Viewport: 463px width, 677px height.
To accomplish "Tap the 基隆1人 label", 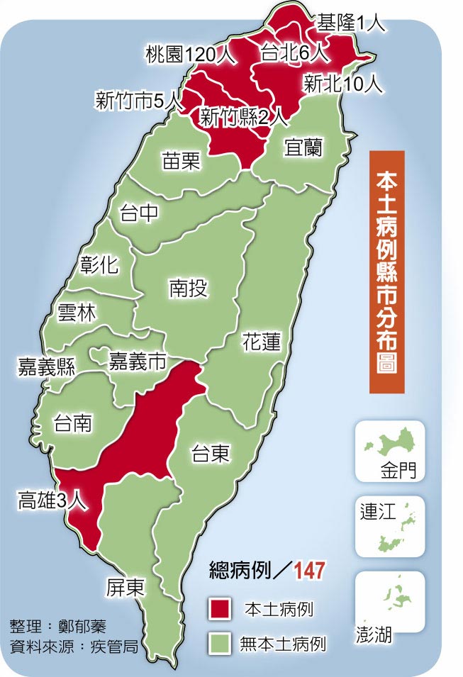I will pos(350,23).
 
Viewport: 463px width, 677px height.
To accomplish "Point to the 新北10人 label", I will pos(343,84).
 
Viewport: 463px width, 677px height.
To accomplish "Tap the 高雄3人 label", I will pos(52,502).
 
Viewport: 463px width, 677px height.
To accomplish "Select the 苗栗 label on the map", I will pos(180,161).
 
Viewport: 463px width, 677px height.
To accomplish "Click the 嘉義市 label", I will pos(137,362).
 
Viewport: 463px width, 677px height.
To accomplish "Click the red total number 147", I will pos(311,569).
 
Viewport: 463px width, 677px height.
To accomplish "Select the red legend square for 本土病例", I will pos(220,608).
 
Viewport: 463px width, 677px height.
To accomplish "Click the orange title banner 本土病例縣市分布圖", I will pos(386,271).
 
